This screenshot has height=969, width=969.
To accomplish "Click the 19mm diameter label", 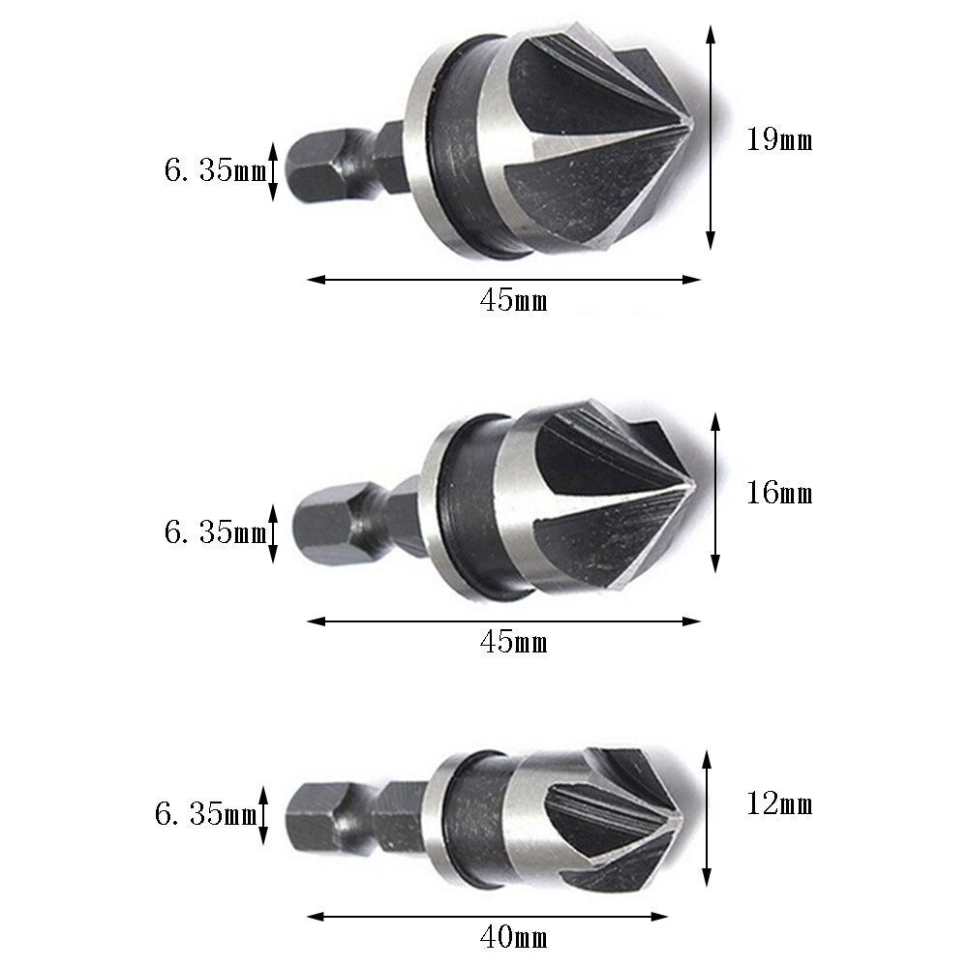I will coord(778,140).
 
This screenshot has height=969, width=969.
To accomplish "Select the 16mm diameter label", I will coord(778,494).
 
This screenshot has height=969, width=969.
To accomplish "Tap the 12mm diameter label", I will coord(778,804).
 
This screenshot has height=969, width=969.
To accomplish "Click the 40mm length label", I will coord(513,937).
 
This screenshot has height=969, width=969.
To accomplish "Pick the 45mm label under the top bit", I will coord(513,301).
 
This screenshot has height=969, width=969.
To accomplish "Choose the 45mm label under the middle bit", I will coord(513,642).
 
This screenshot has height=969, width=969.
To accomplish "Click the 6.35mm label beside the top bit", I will coord(214,171).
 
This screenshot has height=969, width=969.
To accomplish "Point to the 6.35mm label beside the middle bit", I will coord(214,532).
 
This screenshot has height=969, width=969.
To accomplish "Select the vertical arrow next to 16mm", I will coord(715,492).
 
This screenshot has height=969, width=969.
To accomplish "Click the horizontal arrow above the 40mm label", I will coord(488,915).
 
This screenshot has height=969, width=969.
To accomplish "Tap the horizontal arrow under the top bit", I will coord(503,281).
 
